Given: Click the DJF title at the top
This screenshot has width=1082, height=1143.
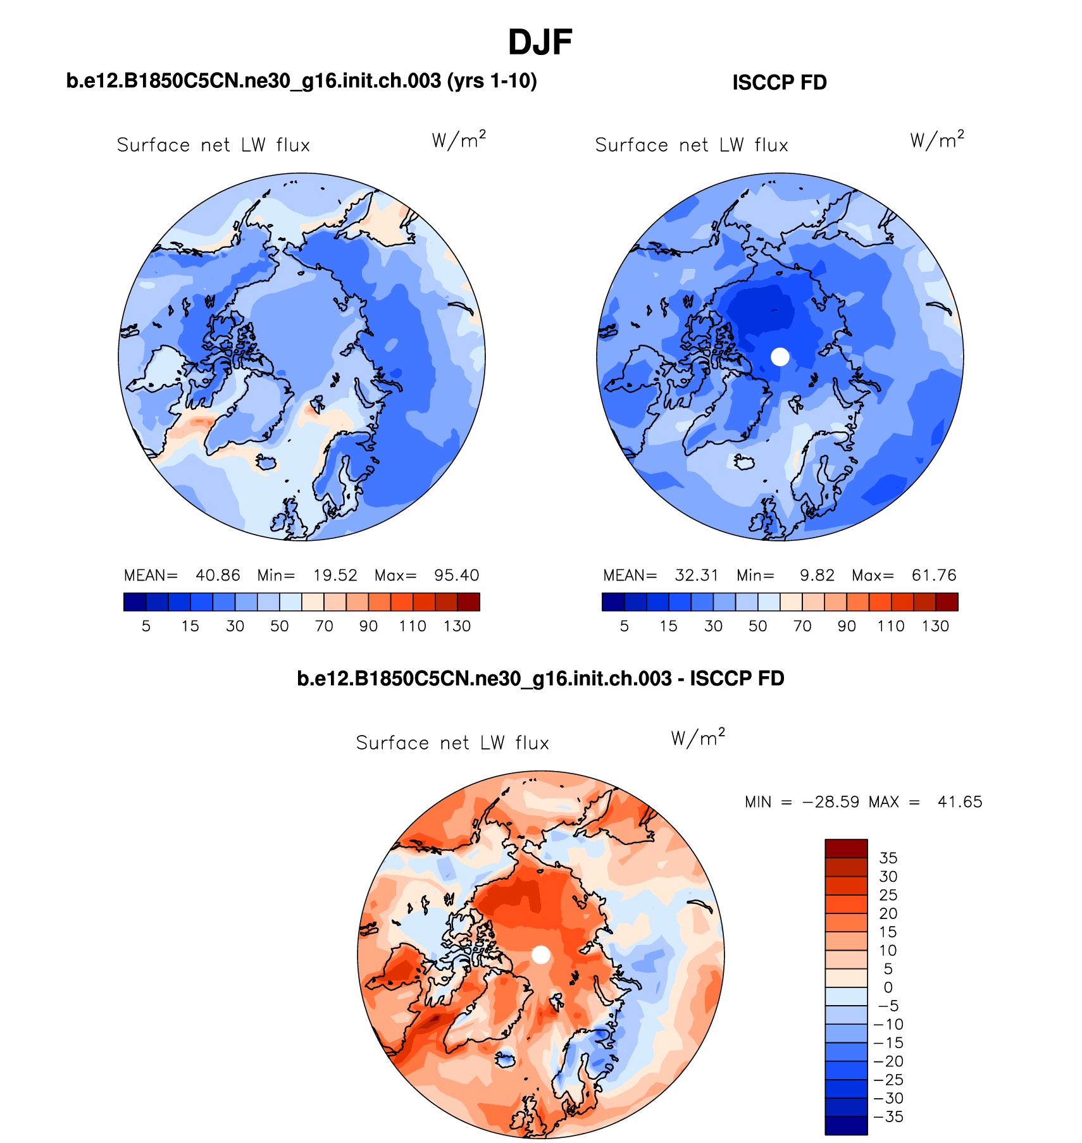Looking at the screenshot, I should (x=540, y=43).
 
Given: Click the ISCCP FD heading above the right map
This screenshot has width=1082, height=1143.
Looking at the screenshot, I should (x=779, y=83).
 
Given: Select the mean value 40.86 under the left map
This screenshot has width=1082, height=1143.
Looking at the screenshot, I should (x=218, y=576).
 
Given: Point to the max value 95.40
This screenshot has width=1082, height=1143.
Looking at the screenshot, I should (x=456, y=576).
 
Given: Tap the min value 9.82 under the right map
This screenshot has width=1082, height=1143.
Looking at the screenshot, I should (x=817, y=576).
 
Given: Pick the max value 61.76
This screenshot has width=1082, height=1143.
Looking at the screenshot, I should (x=933, y=576).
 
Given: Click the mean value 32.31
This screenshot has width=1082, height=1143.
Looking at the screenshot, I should (x=696, y=576).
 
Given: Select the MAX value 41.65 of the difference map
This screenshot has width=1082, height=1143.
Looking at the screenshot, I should (x=959, y=802).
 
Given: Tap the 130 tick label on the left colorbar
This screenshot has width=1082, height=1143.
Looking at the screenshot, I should (x=457, y=626).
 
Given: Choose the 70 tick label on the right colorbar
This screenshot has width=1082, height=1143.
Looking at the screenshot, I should (x=802, y=626).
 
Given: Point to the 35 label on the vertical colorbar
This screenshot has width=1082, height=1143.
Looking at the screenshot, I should (x=888, y=858).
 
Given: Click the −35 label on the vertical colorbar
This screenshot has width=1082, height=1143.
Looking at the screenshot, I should (x=888, y=1116).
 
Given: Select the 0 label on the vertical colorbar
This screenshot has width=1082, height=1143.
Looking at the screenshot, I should (x=888, y=987).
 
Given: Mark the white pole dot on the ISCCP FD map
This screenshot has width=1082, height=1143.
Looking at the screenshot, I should (x=780, y=357).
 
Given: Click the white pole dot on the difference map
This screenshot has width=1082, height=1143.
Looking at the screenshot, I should (x=540, y=955).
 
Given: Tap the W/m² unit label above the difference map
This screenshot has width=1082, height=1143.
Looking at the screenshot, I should (x=698, y=738).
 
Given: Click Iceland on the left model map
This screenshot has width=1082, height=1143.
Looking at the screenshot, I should (x=266, y=463).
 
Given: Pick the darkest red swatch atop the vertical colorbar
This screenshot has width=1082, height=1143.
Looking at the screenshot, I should (x=846, y=848).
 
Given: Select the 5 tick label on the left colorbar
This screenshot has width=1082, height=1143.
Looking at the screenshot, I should (x=146, y=626).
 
